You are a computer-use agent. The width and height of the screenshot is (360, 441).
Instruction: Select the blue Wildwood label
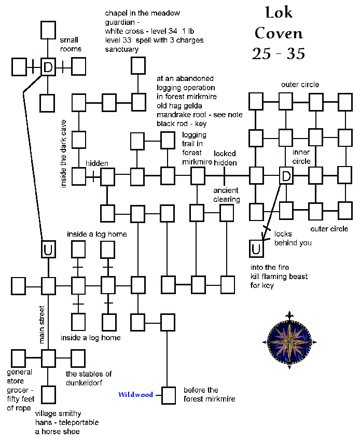point(135,395)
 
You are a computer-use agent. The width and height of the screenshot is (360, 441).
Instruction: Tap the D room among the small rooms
point(48,67)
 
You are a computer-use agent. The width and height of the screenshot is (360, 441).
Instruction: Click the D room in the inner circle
point(286,176)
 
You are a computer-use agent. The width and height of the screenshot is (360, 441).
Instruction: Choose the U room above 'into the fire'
point(256,249)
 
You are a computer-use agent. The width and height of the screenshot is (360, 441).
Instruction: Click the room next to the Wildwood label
point(168,395)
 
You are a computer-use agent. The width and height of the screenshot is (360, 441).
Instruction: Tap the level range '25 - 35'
point(279,53)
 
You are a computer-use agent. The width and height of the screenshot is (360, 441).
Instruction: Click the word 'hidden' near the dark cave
point(97,163)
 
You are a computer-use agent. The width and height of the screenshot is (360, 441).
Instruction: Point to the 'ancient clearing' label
point(227,195)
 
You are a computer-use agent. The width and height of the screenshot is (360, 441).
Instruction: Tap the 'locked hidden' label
point(225,158)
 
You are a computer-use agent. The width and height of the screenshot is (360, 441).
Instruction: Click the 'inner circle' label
point(301,157)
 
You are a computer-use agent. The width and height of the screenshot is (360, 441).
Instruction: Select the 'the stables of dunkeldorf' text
point(89,378)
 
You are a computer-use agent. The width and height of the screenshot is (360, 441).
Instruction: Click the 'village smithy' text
point(58,414)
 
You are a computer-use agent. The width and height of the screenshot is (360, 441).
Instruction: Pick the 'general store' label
point(20,376)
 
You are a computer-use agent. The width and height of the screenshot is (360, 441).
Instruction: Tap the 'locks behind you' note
point(293,238)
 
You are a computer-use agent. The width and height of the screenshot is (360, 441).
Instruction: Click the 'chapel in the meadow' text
point(142,13)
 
